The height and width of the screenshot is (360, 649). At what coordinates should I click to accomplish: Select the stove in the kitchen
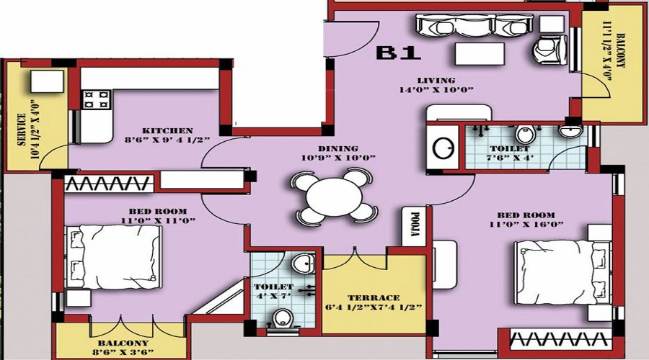tap(94, 99)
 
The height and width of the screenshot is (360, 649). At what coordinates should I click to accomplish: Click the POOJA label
tap(415, 225)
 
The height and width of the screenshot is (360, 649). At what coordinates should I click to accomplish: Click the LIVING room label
tap(436, 80)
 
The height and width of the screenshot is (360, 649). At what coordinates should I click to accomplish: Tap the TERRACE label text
tap(373, 297)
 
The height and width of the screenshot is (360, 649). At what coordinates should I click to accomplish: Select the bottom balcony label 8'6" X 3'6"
tap(120, 348)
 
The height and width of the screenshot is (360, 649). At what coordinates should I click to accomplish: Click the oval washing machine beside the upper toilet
tap(442, 147)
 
